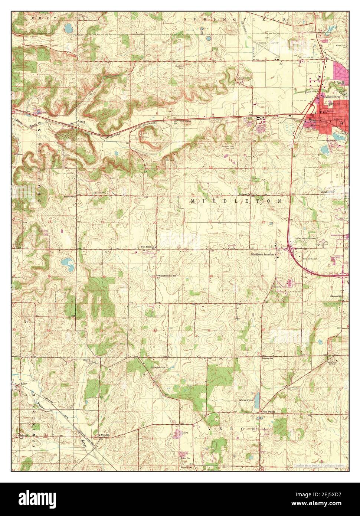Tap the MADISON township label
tap(328, 191)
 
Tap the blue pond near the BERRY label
tap(68, 28)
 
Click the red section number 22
tap(263, 222)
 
